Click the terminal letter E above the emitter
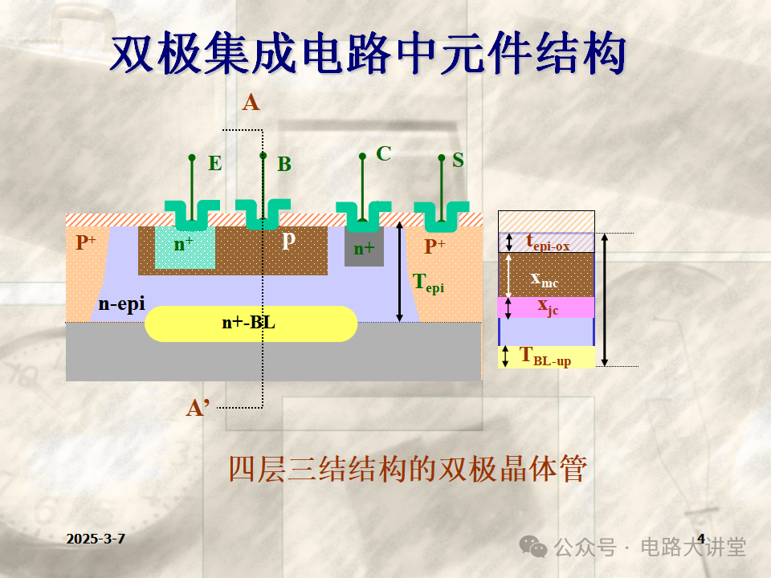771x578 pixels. [215, 164]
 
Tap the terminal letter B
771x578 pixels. [284, 165]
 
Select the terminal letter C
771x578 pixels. [384, 153]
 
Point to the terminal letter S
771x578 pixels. [458, 159]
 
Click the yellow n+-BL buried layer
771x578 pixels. [251, 324]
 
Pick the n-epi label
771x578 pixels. [121, 303]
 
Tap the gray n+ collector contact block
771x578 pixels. [364, 248]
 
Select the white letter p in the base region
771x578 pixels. [288, 238]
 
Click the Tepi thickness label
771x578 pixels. [428, 282]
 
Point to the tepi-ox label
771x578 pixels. [548, 242]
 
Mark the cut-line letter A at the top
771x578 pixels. [251, 103]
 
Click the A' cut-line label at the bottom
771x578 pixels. [198, 408]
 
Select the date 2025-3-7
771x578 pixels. [96, 539]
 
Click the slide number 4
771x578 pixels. [701, 538]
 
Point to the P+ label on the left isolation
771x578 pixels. [86, 242]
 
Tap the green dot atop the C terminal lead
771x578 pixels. [363, 157]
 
